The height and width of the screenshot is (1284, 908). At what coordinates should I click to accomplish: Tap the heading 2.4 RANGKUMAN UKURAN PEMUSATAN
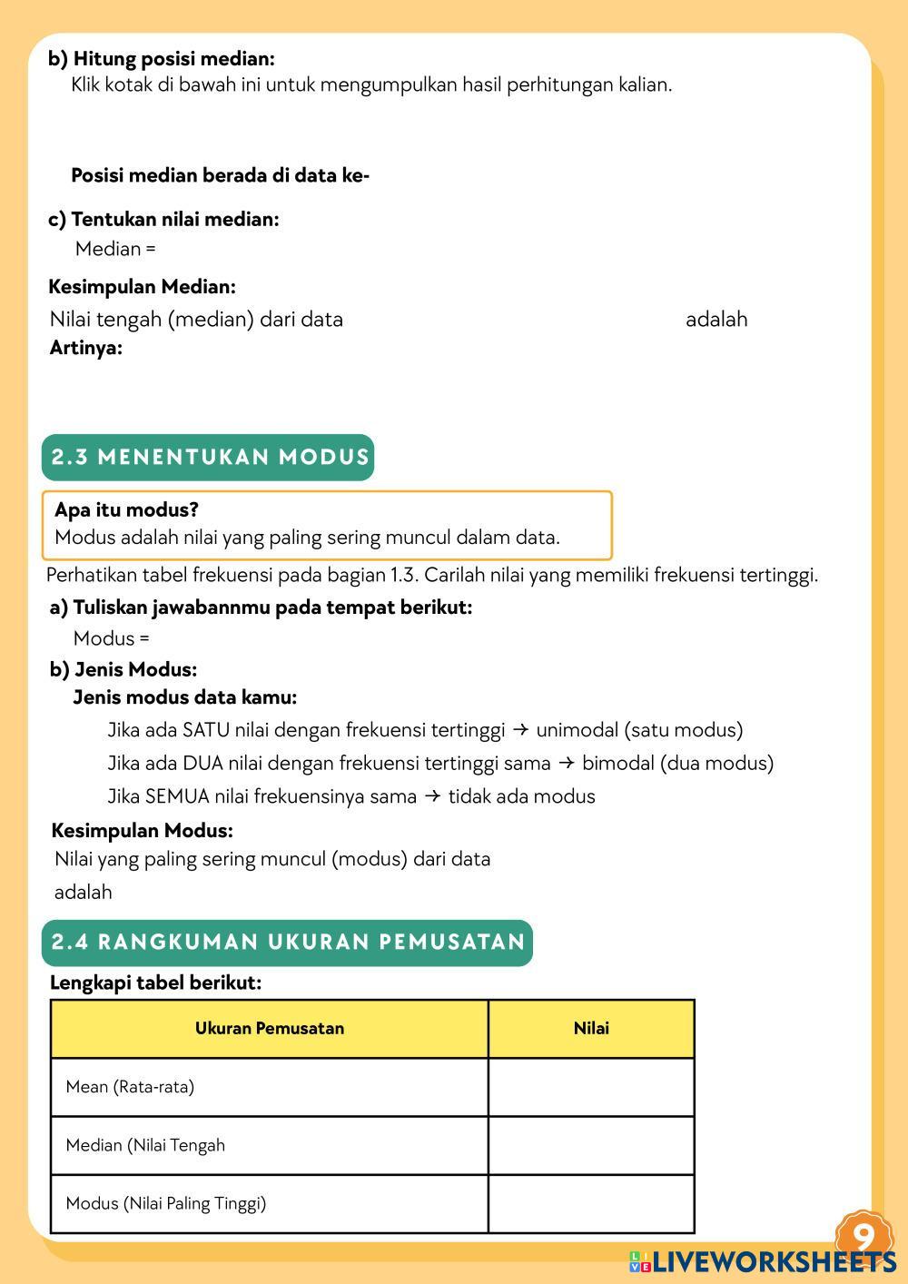click(287, 942)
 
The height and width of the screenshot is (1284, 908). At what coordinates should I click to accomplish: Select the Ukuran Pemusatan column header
click(270, 1029)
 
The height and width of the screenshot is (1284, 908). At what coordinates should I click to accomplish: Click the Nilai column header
click(591, 1029)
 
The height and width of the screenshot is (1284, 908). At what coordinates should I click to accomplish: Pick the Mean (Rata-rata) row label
click(130, 1087)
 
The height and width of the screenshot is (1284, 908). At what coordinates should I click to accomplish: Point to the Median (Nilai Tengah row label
click(145, 1145)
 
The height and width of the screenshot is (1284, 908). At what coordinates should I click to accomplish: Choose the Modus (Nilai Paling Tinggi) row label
click(166, 1203)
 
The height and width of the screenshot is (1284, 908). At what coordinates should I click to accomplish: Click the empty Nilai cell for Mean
click(591, 1087)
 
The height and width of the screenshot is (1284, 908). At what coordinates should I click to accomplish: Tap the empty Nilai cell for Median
click(591, 1145)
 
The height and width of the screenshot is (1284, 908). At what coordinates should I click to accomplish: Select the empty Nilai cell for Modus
click(591, 1203)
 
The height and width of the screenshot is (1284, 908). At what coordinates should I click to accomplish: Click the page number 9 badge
click(864, 1236)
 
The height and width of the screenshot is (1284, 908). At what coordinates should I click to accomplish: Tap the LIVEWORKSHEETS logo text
click(773, 1261)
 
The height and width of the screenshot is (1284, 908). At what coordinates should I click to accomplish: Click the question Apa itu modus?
click(126, 509)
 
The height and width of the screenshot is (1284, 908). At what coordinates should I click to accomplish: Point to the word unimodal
click(577, 730)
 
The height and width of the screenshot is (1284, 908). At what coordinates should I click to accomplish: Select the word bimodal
click(617, 763)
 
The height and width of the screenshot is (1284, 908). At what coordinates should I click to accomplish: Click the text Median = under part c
click(115, 249)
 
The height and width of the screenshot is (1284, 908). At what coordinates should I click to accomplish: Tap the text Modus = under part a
click(112, 638)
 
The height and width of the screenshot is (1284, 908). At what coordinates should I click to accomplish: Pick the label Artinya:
click(85, 348)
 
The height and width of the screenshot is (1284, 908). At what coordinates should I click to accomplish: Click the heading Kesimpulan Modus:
click(142, 830)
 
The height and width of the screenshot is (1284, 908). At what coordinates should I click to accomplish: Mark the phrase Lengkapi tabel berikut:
click(155, 983)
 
